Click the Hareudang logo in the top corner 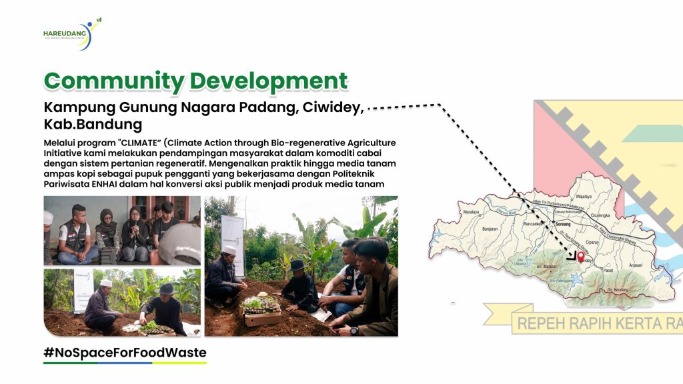(71, 33)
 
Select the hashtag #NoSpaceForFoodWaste (125, 353)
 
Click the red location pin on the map (580, 257)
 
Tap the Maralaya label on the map (471, 213)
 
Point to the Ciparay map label (592, 242)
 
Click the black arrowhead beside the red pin (571, 254)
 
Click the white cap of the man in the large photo (230, 249)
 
